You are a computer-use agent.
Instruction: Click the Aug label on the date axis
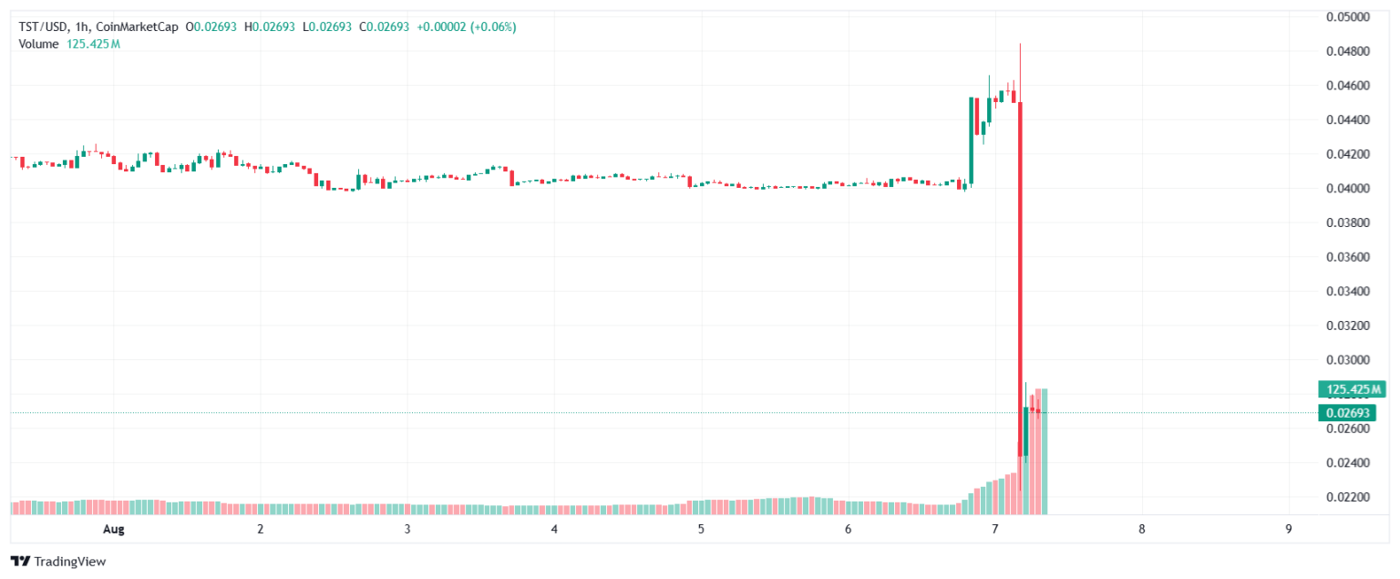click(113, 529)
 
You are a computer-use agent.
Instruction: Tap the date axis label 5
click(701, 529)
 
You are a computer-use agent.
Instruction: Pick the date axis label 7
click(994, 529)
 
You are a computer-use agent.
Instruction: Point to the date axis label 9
click(1288, 529)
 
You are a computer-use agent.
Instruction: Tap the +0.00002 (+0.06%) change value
click(466, 27)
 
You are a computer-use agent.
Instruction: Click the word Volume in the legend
click(38, 44)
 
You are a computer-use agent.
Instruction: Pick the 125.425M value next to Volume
click(92, 44)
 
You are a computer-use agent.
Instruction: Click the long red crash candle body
click(1020, 274)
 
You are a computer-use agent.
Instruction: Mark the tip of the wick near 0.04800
click(1020, 44)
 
